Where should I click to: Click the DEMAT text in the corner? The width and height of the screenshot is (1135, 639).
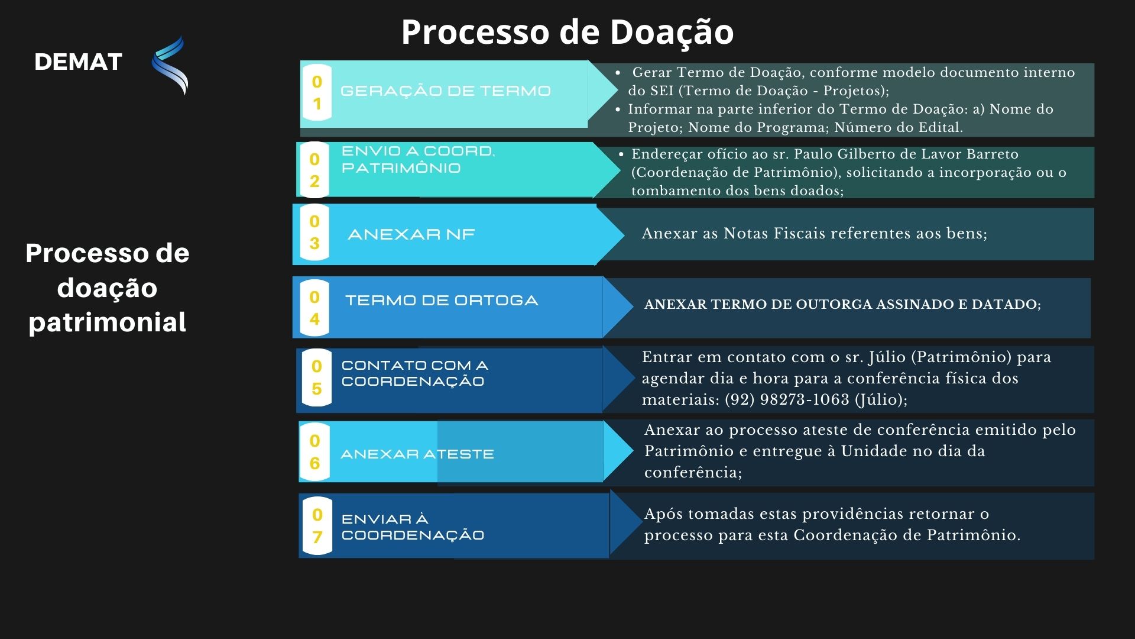click(78, 62)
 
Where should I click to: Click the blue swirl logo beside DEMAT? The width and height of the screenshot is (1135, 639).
click(170, 65)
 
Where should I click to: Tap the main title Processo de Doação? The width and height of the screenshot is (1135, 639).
click(567, 32)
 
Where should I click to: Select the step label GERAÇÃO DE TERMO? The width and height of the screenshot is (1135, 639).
click(446, 91)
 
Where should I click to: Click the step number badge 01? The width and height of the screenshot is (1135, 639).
click(317, 93)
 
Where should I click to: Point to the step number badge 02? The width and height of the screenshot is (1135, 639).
click(314, 170)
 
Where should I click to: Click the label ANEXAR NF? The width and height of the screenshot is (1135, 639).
click(411, 234)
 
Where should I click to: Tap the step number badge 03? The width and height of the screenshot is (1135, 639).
click(314, 232)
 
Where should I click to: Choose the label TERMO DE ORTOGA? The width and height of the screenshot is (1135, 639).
click(442, 301)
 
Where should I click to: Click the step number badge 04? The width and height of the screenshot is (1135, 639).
click(314, 308)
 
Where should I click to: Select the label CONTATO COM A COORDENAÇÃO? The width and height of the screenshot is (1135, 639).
click(415, 373)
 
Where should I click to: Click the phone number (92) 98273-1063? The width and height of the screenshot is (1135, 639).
click(787, 399)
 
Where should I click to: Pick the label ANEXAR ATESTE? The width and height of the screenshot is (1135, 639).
click(417, 454)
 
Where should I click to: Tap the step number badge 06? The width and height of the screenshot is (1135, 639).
click(314, 451)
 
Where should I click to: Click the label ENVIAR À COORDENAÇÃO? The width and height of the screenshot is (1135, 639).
click(413, 527)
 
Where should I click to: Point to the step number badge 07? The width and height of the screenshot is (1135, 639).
click(317, 526)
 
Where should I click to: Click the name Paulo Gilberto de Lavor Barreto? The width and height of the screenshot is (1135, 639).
click(906, 154)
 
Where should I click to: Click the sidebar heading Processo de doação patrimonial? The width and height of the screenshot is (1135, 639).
click(108, 288)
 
